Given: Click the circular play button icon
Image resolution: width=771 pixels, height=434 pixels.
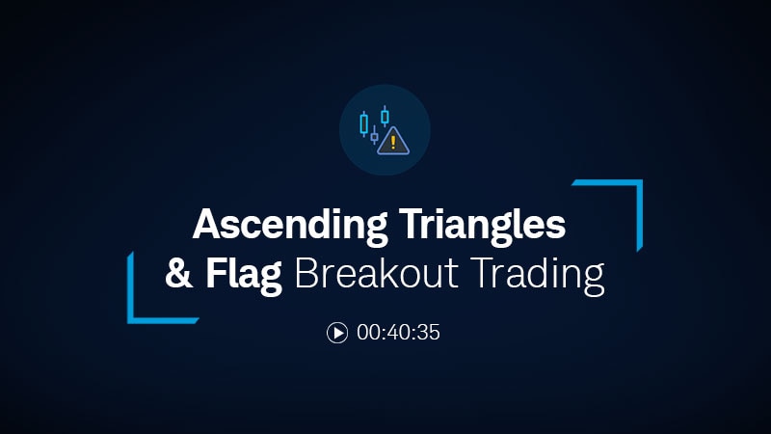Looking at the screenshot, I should tap(337, 333).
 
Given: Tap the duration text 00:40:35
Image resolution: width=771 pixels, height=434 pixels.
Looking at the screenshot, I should tap(398, 333).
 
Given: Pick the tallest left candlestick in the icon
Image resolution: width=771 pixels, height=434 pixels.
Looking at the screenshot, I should tap(363, 123).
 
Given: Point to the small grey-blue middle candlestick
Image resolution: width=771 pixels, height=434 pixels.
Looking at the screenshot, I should tap(374, 136).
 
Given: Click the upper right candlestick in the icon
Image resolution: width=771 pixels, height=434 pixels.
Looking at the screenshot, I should tap(385, 116).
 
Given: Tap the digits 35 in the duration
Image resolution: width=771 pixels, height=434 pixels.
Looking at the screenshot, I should tap(429, 333).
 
